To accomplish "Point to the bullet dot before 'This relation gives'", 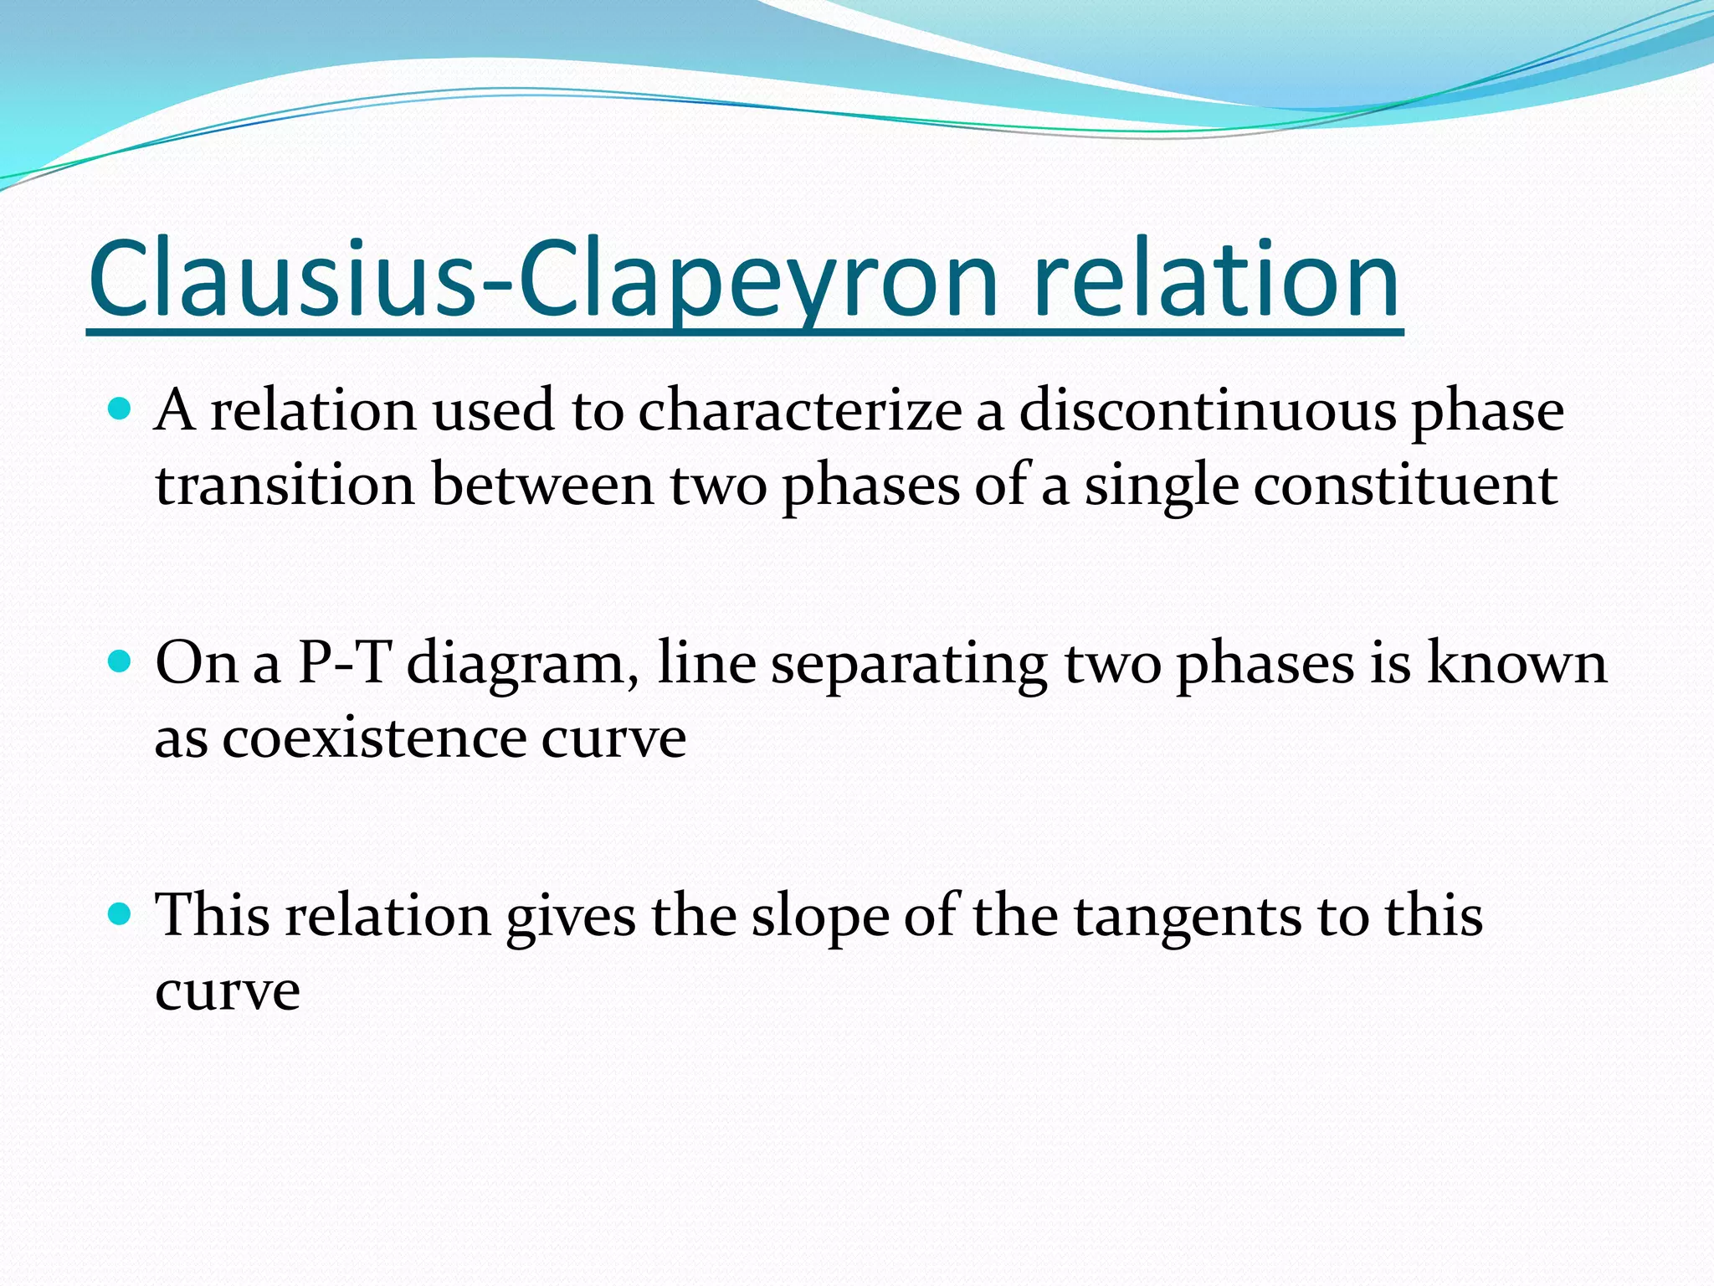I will click(121, 914).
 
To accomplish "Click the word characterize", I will click(799, 412).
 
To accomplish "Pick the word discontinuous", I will click(1208, 412).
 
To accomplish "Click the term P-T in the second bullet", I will click(344, 663).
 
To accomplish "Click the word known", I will click(1516, 663).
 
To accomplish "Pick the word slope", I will click(819, 917).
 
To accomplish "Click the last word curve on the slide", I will click(228, 992).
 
